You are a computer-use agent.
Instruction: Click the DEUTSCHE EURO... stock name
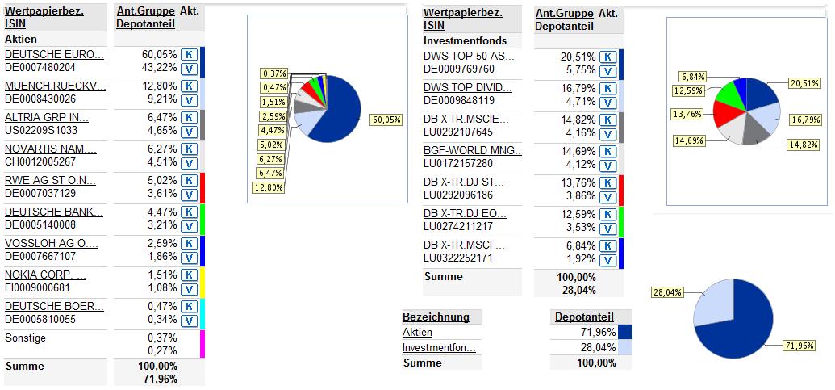point(54,55)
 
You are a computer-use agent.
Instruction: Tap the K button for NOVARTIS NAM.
point(188,149)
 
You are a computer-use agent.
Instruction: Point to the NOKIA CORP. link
point(45,275)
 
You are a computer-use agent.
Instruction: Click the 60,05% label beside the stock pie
point(386,119)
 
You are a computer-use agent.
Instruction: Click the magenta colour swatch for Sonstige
point(202,343)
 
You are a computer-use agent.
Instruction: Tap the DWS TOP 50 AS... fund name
point(468,57)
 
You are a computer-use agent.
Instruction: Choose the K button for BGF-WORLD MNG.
point(609,151)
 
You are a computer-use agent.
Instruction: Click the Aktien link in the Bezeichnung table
point(417,332)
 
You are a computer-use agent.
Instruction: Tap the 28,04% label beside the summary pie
point(666,292)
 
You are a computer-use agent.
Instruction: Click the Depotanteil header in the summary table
point(584,317)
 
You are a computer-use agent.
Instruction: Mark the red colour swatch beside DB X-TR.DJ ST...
point(621,190)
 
